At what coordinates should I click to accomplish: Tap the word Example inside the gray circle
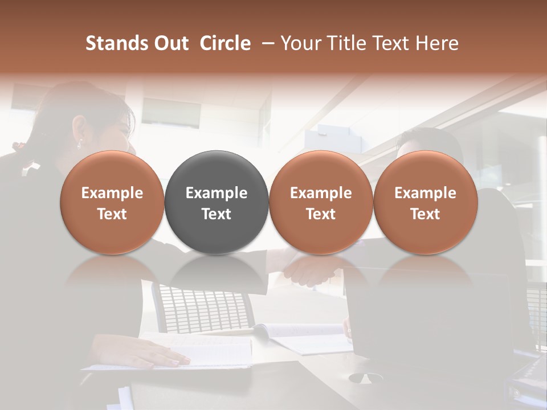[217, 193]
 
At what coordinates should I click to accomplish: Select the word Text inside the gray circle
[217, 214]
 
